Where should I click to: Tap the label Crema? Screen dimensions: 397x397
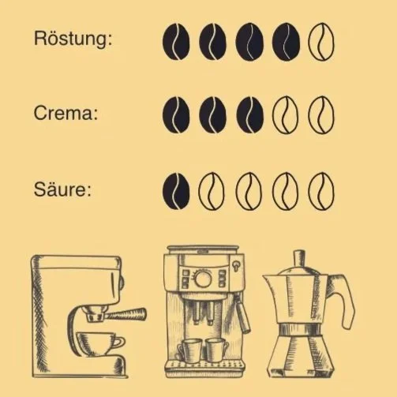66,114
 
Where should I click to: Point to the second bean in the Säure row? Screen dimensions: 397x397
212,190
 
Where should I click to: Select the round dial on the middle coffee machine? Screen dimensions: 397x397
203,279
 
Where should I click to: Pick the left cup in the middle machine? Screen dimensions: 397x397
189,348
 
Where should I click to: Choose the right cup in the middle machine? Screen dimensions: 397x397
215,348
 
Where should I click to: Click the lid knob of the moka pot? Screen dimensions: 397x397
298,257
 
